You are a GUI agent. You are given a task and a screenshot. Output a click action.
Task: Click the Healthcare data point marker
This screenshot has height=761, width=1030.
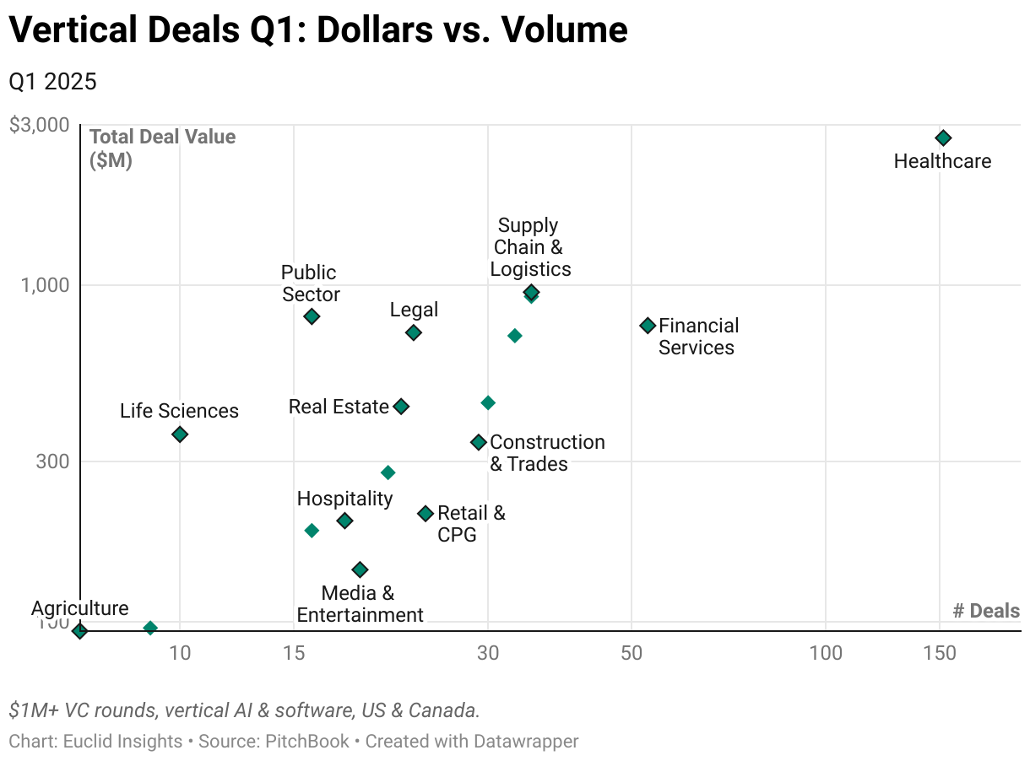coord(943,138)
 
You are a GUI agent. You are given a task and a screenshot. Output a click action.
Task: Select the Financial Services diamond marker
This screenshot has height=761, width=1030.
coord(648,325)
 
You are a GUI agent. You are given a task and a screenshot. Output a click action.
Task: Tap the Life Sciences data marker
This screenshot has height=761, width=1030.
coord(179,434)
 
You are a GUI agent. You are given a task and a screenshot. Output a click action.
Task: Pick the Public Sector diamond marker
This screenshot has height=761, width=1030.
coord(312,316)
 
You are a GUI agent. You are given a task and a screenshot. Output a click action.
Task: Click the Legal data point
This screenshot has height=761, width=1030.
coord(413,332)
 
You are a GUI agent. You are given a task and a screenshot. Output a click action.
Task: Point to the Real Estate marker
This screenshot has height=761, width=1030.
coord(401,407)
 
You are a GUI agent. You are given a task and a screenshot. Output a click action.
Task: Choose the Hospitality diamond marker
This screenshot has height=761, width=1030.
coord(344,521)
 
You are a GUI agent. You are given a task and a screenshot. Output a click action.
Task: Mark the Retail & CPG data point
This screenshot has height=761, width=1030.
coord(426,513)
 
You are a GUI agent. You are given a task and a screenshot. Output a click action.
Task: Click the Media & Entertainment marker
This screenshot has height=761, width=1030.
coord(360,569)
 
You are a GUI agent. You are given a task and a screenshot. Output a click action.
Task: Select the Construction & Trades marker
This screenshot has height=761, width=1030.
coord(478,442)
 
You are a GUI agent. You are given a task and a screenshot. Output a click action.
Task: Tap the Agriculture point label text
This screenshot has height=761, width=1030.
coord(80,608)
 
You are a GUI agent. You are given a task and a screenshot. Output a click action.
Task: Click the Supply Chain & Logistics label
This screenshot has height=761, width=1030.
coord(530,247)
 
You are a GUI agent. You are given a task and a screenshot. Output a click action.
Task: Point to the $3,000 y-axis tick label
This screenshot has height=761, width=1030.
coord(39,125)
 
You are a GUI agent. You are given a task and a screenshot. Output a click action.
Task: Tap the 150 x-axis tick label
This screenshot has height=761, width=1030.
coord(940,652)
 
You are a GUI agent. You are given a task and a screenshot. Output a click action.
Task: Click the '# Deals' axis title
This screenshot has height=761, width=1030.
coord(986,611)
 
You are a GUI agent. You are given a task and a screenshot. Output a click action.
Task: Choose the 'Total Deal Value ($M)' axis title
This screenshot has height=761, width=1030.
coord(162,148)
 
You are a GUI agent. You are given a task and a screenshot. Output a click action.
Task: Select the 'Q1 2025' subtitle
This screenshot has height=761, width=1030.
coord(52,82)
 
